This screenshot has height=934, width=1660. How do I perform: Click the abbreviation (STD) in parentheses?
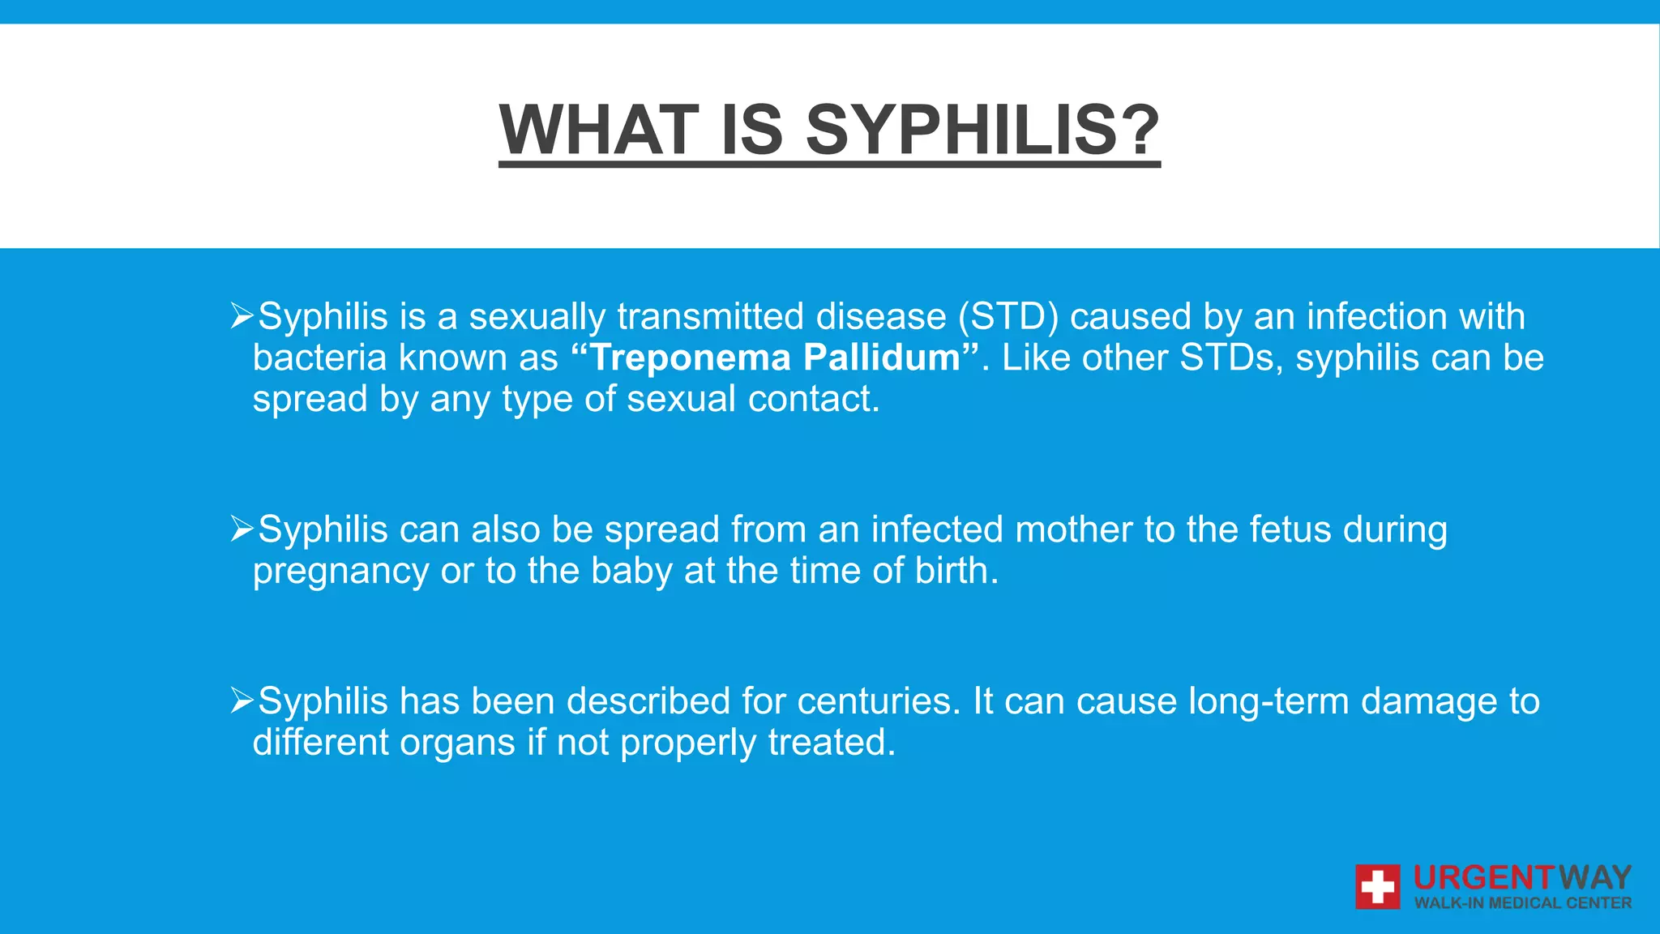[x=1008, y=316]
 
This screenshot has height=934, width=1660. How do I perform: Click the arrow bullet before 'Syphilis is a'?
[x=242, y=315]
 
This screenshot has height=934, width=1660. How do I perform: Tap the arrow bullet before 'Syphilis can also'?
[x=242, y=529]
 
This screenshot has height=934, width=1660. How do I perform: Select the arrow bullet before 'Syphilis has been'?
[x=242, y=700]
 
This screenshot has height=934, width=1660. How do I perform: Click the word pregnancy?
[x=340, y=572]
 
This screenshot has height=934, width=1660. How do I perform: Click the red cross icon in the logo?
[x=1377, y=887]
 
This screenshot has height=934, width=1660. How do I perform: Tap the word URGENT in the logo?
[x=1483, y=878]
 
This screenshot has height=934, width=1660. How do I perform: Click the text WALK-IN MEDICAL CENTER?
[x=1522, y=903]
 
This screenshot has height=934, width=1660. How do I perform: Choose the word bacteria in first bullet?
[x=319, y=358]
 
